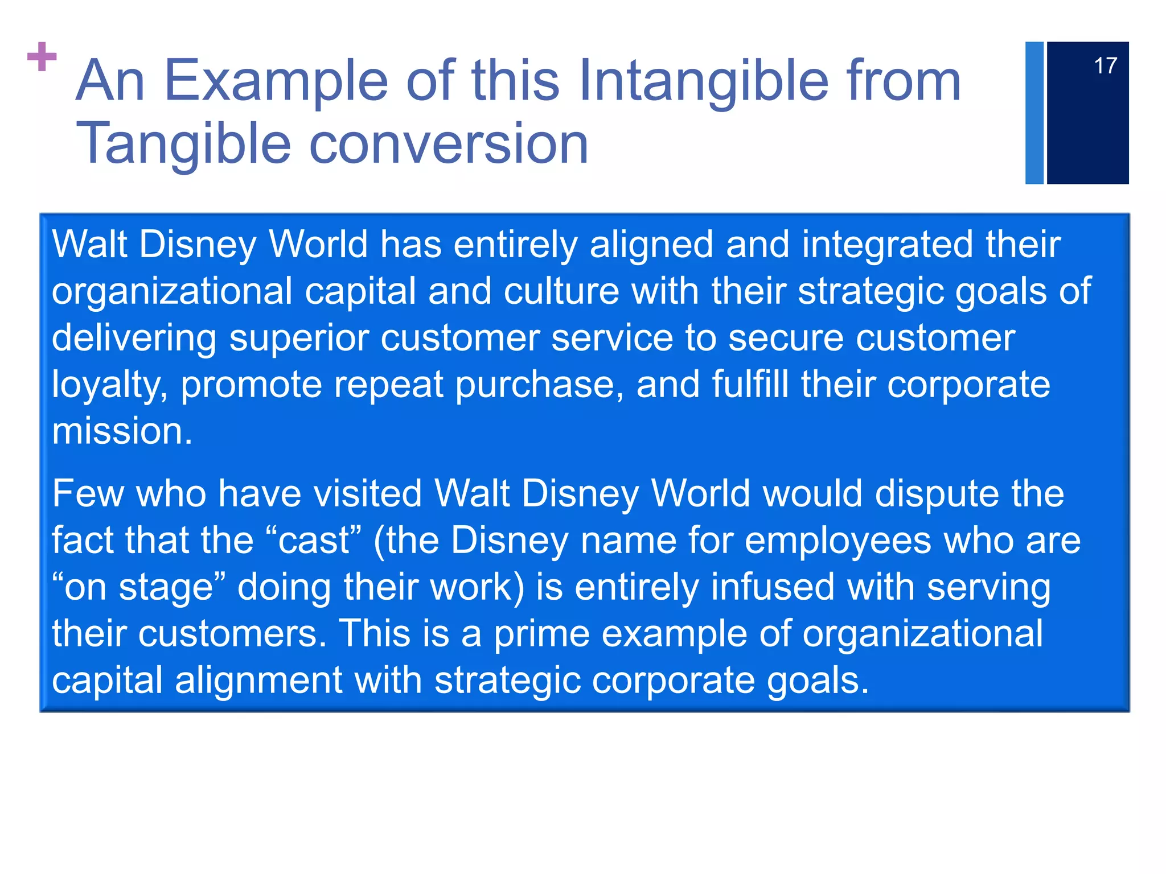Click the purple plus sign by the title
tap(42, 56)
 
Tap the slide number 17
tap(1105, 66)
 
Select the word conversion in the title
tap(448, 144)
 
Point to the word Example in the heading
tap(276, 81)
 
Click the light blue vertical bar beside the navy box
tap(1034, 113)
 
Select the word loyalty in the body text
tap(109, 386)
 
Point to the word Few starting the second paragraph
tap(87, 493)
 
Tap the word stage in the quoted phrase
tap(165, 587)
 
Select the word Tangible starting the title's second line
tap(183, 144)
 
